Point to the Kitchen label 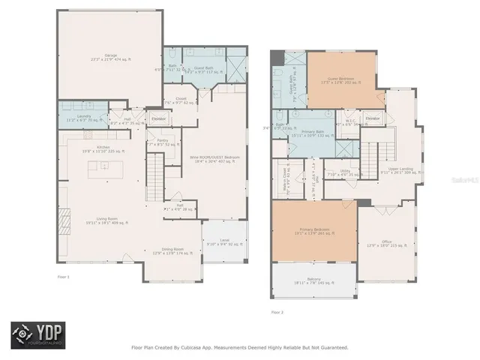[103, 147]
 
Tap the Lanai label [224, 240]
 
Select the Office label [387, 241]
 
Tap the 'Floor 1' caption [63, 277]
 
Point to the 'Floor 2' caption [277, 311]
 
